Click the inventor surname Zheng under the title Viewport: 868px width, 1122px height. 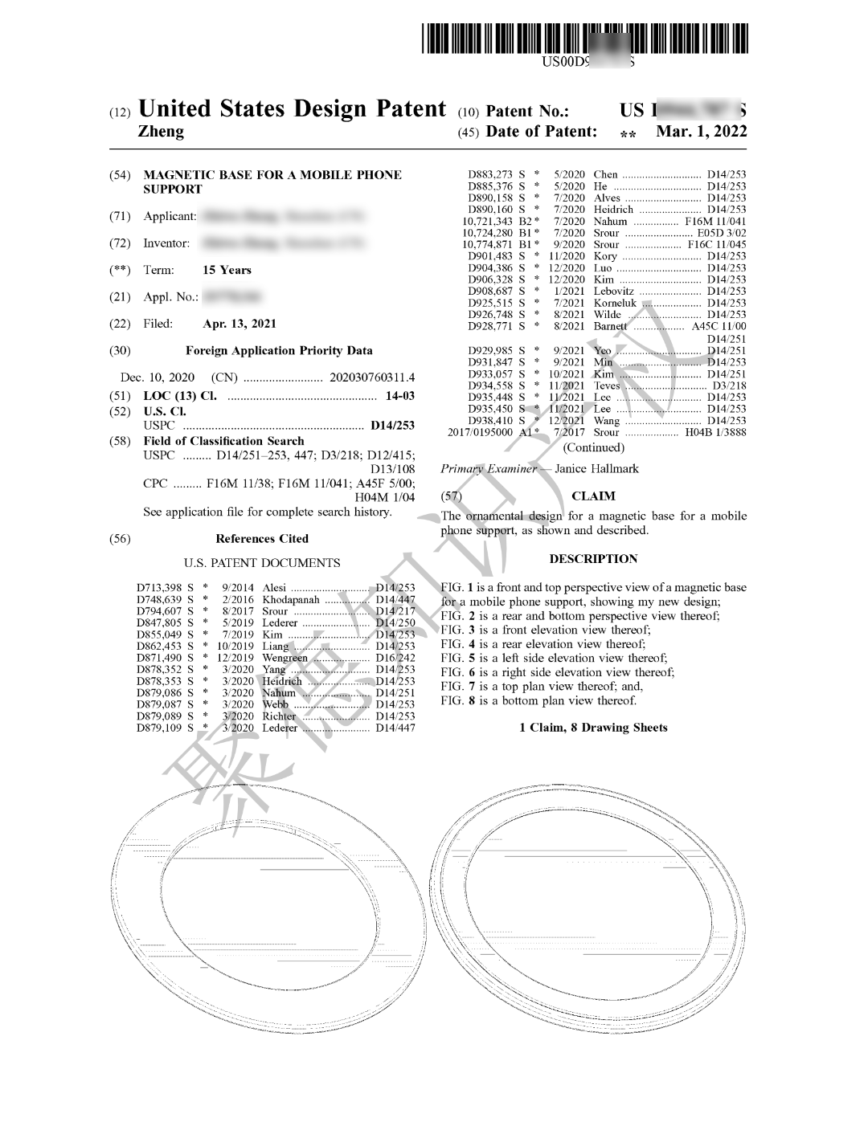[x=162, y=132]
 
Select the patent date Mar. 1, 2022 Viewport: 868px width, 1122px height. [x=701, y=132]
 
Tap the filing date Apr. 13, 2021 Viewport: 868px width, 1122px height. [x=240, y=324]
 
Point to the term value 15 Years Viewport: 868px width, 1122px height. [x=227, y=270]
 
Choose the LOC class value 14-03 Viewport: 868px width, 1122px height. [x=400, y=396]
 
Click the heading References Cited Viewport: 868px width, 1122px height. [x=262, y=539]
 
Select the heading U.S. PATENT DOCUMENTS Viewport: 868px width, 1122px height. [x=262, y=563]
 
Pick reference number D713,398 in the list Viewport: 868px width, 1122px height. [x=159, y=588]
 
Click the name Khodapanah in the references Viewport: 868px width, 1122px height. [x=291, y=600]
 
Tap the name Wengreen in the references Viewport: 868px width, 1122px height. [x=285, y=658]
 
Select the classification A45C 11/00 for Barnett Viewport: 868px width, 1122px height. [x=719, y=326]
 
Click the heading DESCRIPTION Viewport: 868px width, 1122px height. [x=593, y=559]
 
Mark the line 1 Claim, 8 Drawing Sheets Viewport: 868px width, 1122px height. [x=593, y=728]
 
